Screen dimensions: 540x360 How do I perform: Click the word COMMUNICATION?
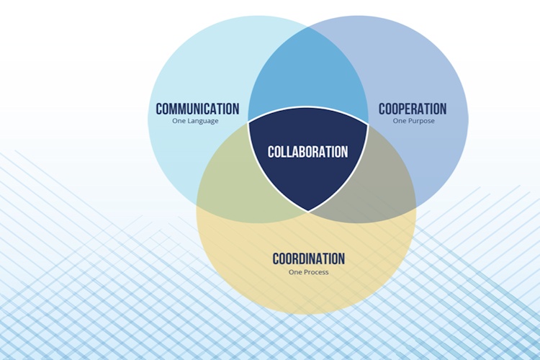click(197, 109)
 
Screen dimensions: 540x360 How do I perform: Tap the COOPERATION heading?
click(413, 109)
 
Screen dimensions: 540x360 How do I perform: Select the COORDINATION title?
click(309, 258)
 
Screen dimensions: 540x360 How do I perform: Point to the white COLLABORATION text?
click(308, 152)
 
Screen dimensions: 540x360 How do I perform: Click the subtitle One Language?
click(195, 121)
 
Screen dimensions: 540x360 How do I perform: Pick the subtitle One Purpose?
click(413, 121)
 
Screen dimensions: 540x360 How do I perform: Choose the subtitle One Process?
click(309, 272)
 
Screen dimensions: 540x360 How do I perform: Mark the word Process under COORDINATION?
click(317, 272)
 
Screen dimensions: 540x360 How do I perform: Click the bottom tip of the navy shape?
click(308, 212)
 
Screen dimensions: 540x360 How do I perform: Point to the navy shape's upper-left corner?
click(248, 122)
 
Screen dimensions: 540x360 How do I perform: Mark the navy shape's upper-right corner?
click(368, 124)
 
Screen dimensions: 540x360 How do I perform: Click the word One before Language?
click(179, 121)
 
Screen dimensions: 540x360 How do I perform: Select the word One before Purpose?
click(400, 121)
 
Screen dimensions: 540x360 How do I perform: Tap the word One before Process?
click(295, 272)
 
